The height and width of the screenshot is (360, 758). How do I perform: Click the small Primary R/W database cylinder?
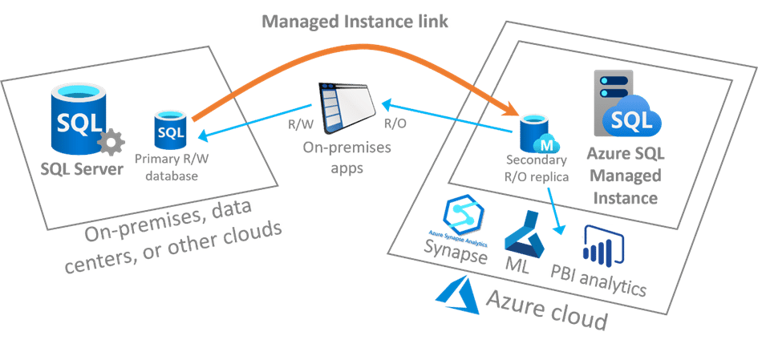point(171,128)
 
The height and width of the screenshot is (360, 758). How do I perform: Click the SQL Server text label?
point(81,168)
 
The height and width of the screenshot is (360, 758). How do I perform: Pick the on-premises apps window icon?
point(349,107)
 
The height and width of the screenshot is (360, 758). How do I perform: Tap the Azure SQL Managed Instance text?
point(629,175)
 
